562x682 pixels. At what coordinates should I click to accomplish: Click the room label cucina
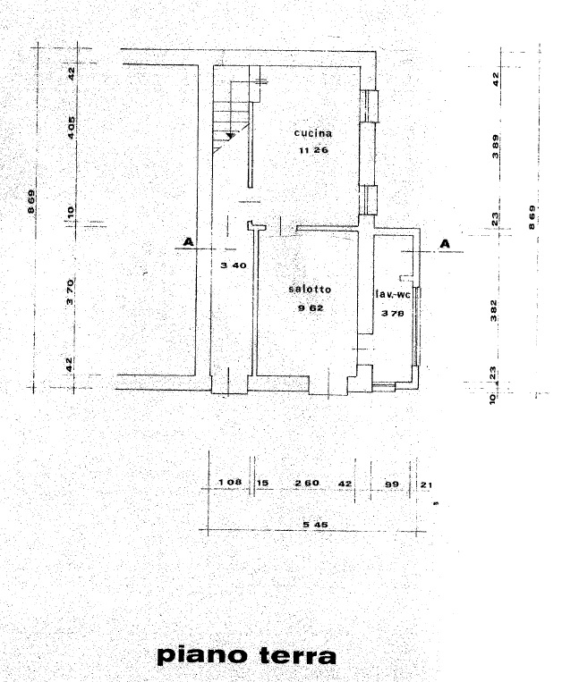click(313, 133)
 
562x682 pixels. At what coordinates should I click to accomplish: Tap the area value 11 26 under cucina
click(313, 150)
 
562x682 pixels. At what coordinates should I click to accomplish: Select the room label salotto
click(310, 290)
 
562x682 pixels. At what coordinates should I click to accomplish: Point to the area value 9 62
click(311, 308)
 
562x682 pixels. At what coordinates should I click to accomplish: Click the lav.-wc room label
click(393, 294)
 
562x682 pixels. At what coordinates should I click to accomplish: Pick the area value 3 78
click(393, 313)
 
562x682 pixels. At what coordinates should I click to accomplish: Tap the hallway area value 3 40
click(234, 265)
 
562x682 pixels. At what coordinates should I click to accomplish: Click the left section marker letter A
click(188, 242)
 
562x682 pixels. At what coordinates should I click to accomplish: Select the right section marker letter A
click(445, 243)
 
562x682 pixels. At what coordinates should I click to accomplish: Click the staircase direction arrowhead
click(231, 136)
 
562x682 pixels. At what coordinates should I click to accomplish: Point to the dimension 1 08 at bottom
click(230, 482)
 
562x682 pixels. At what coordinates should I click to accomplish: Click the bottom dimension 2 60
click(307, 483)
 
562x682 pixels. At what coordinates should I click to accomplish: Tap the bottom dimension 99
click(392, 484)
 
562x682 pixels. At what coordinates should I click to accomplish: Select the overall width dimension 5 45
click(316, 525)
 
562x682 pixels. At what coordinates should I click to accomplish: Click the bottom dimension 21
click(427, 484)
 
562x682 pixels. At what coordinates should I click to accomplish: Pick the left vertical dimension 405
click(71, 128)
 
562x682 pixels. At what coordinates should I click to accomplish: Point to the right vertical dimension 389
click(496, 147)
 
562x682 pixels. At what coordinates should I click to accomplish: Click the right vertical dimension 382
click(493, 310)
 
